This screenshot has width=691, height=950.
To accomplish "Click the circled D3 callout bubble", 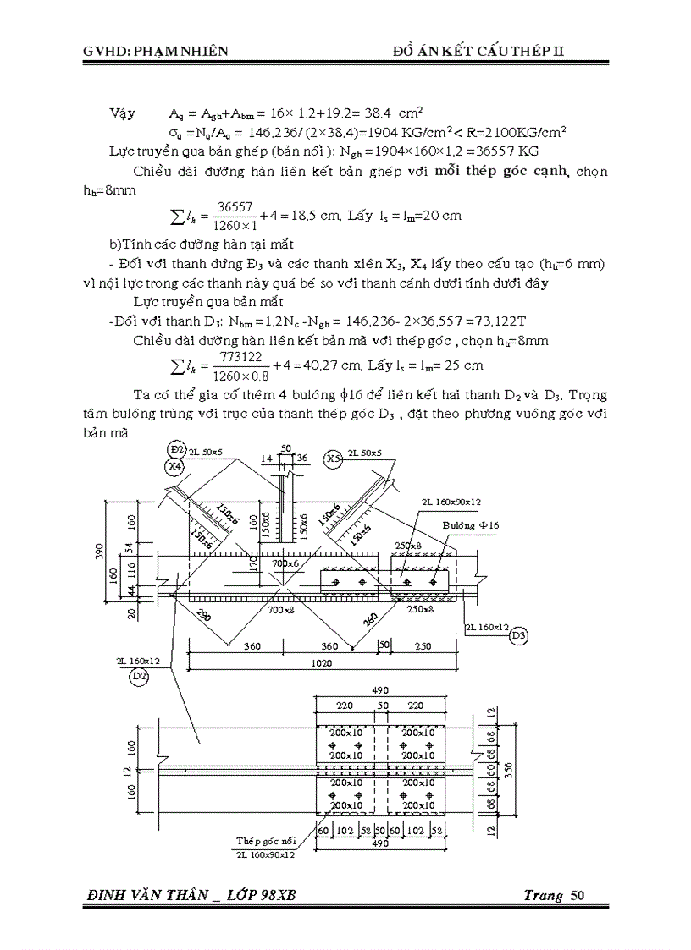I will coord(519,634).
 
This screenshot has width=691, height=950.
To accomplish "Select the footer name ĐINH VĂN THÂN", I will coord(138,896).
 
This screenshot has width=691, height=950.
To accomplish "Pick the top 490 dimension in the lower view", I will coord(381,690).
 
